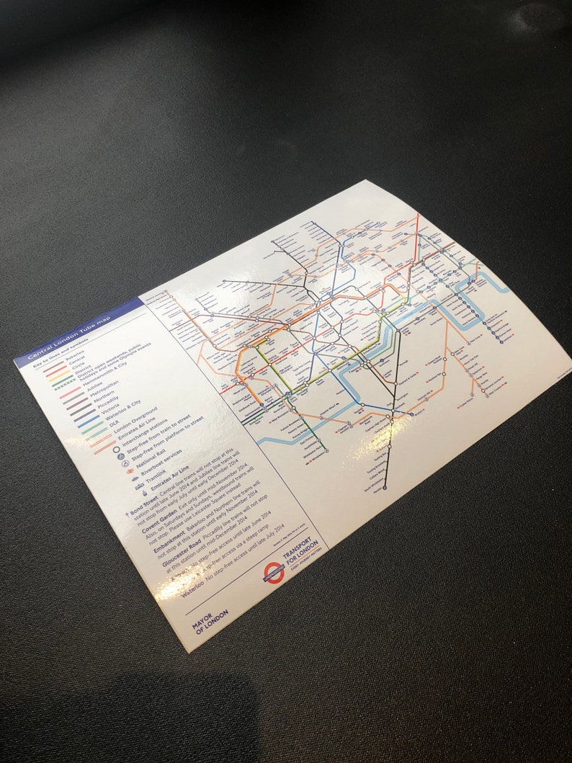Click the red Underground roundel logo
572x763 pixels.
tap(274, 573)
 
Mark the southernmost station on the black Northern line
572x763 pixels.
tap(384, 488)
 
